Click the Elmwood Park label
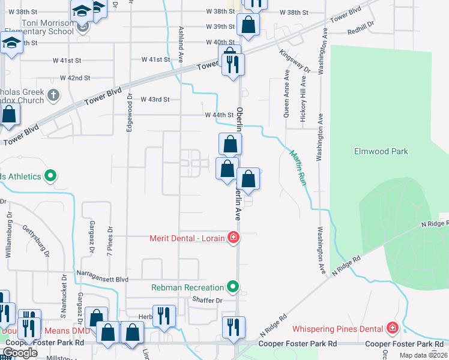point(382,152)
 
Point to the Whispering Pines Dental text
point(337,329)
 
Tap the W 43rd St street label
point(155,99)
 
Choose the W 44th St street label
point(218,115)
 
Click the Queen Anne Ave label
point(286,92)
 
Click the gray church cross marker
point(53,94)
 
